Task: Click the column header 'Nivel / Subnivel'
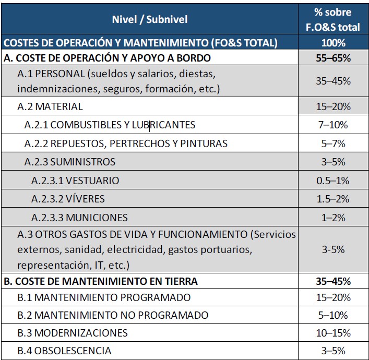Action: point(150,19)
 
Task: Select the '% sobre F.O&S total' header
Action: point(333,19)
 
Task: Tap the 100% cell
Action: point(333,43)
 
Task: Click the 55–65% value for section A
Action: point(333,58)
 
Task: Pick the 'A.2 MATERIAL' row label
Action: point(50,106)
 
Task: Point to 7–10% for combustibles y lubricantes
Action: point(333,125)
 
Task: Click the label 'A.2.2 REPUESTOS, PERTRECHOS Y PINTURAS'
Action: point(126,143)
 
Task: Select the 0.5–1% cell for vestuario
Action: point(333,181)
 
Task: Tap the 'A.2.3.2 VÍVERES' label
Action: point(68,199)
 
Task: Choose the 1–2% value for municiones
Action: point(333,217)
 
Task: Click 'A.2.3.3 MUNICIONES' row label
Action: point(79,217)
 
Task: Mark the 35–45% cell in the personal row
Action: point(333,81)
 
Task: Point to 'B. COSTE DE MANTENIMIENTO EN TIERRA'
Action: point(101,281)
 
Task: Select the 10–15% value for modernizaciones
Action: point(333,333)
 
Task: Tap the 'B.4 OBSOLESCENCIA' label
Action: point(64,351)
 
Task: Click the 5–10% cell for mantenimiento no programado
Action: point(333,315)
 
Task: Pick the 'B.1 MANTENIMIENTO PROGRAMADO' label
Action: point(104,297)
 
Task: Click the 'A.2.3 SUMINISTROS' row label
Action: point(70,161)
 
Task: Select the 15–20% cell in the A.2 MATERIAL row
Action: point(333,106)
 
